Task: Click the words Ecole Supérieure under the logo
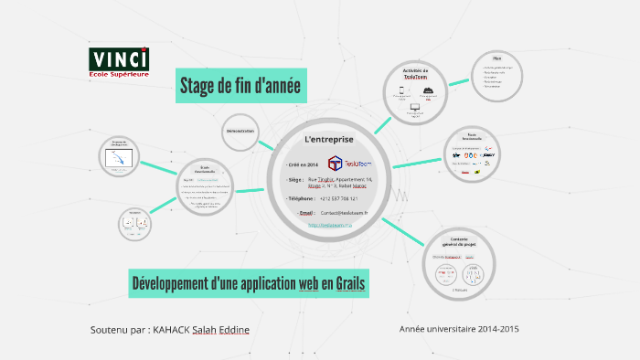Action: pos(119,74)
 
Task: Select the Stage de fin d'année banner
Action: pos(240,89)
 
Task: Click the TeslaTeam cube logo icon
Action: pos(336,164)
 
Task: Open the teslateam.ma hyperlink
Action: pos(329,225)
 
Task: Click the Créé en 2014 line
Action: pos(301,164)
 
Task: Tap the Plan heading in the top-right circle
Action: pos(497,57)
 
